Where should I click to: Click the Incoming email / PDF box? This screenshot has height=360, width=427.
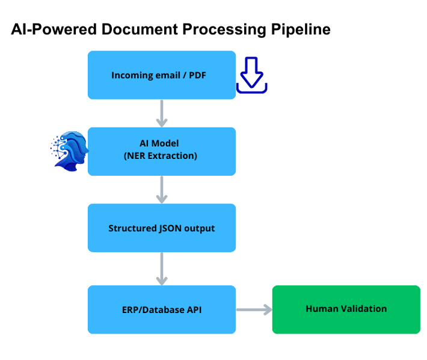[161, 75]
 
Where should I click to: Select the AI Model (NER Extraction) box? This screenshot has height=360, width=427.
[161, 151]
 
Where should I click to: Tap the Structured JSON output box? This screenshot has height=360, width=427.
[161, 228]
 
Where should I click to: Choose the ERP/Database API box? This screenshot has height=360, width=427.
[161, 309]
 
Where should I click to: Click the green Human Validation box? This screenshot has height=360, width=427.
[346, 309]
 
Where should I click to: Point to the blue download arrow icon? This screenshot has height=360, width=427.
[251, 75]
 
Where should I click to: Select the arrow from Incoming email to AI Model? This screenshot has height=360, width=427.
[161, 113]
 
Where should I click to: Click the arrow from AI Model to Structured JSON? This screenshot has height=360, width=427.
[161, 190]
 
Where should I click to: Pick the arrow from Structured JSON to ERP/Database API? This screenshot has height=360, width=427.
[161, 268]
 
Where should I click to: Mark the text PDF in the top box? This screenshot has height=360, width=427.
[197, 75]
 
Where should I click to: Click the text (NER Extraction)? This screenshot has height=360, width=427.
[161, 156]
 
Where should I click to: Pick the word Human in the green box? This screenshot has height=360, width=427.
[320, 309]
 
